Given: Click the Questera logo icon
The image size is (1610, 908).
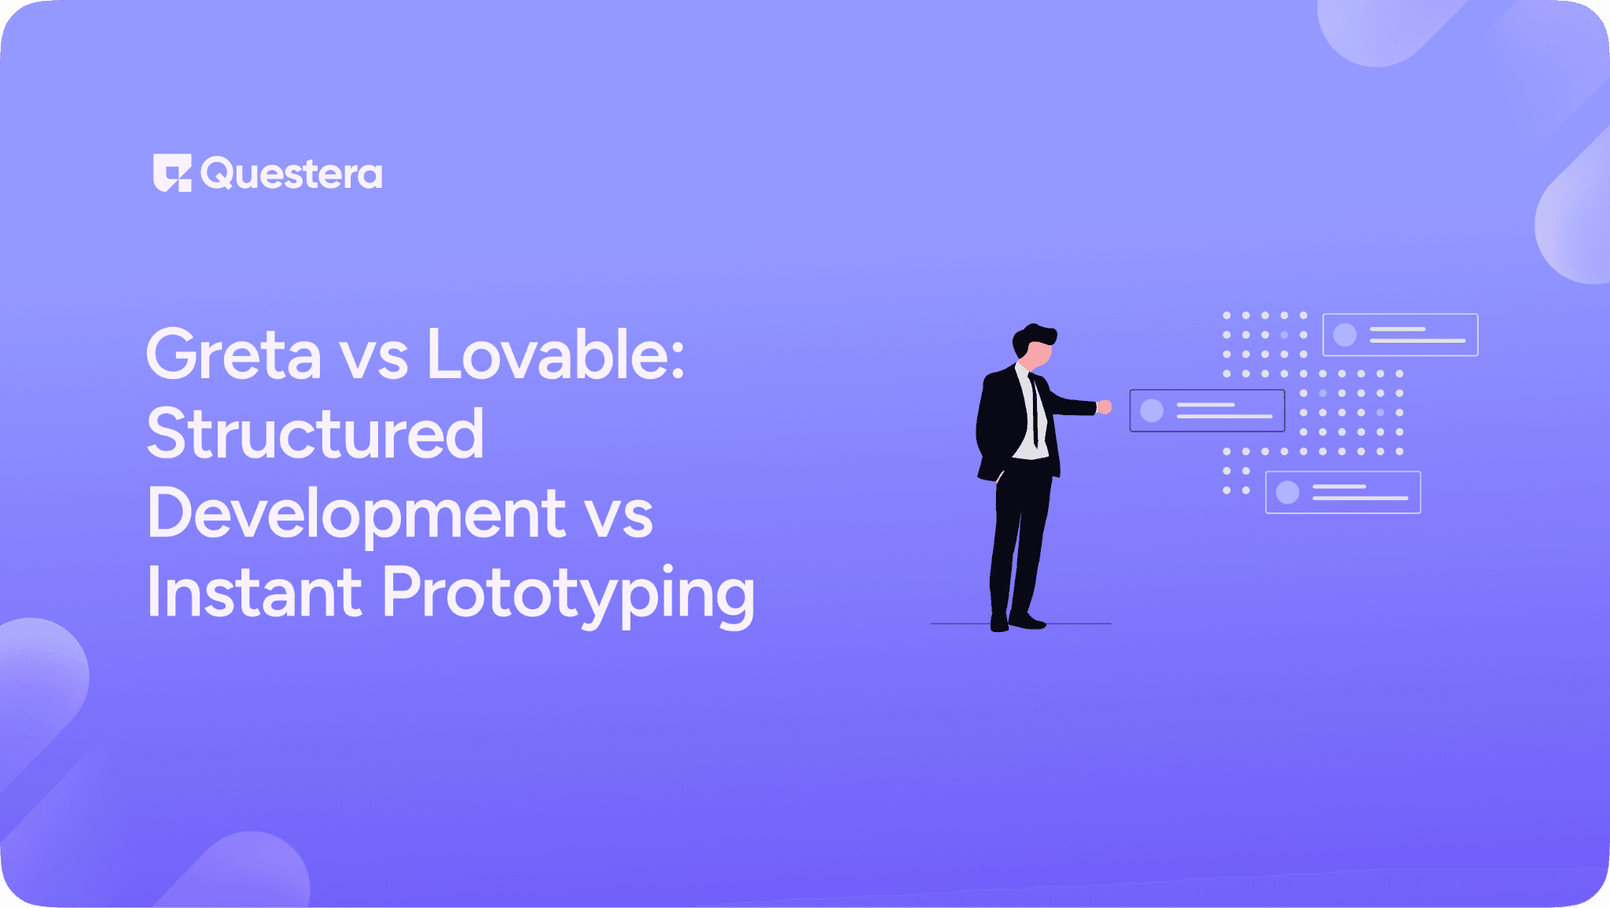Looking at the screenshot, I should tap(172, 173).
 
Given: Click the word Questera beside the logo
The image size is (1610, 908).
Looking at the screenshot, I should tap(292, 174).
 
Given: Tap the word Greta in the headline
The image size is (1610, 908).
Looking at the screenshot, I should tap(233, 355).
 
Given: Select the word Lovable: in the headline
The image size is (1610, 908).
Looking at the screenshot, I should tap(555, 355).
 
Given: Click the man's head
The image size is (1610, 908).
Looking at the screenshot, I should tap(1034, 346).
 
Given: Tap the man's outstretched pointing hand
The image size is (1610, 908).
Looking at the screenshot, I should tap(1105, 406).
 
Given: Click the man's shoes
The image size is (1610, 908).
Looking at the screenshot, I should tap(1019, 622).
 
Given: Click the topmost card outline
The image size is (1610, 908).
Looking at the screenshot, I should tap(1400, 335).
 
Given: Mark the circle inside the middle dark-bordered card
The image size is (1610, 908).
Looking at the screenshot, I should tap(1152, 410).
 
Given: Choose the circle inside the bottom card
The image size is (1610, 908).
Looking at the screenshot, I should tap(1287, 493).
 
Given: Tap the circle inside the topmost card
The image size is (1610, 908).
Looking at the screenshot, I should tap(1345, 335).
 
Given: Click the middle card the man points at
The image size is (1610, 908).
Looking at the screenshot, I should tap(1207, 410).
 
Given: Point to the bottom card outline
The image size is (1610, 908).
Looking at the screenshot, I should tap(1343, 493).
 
